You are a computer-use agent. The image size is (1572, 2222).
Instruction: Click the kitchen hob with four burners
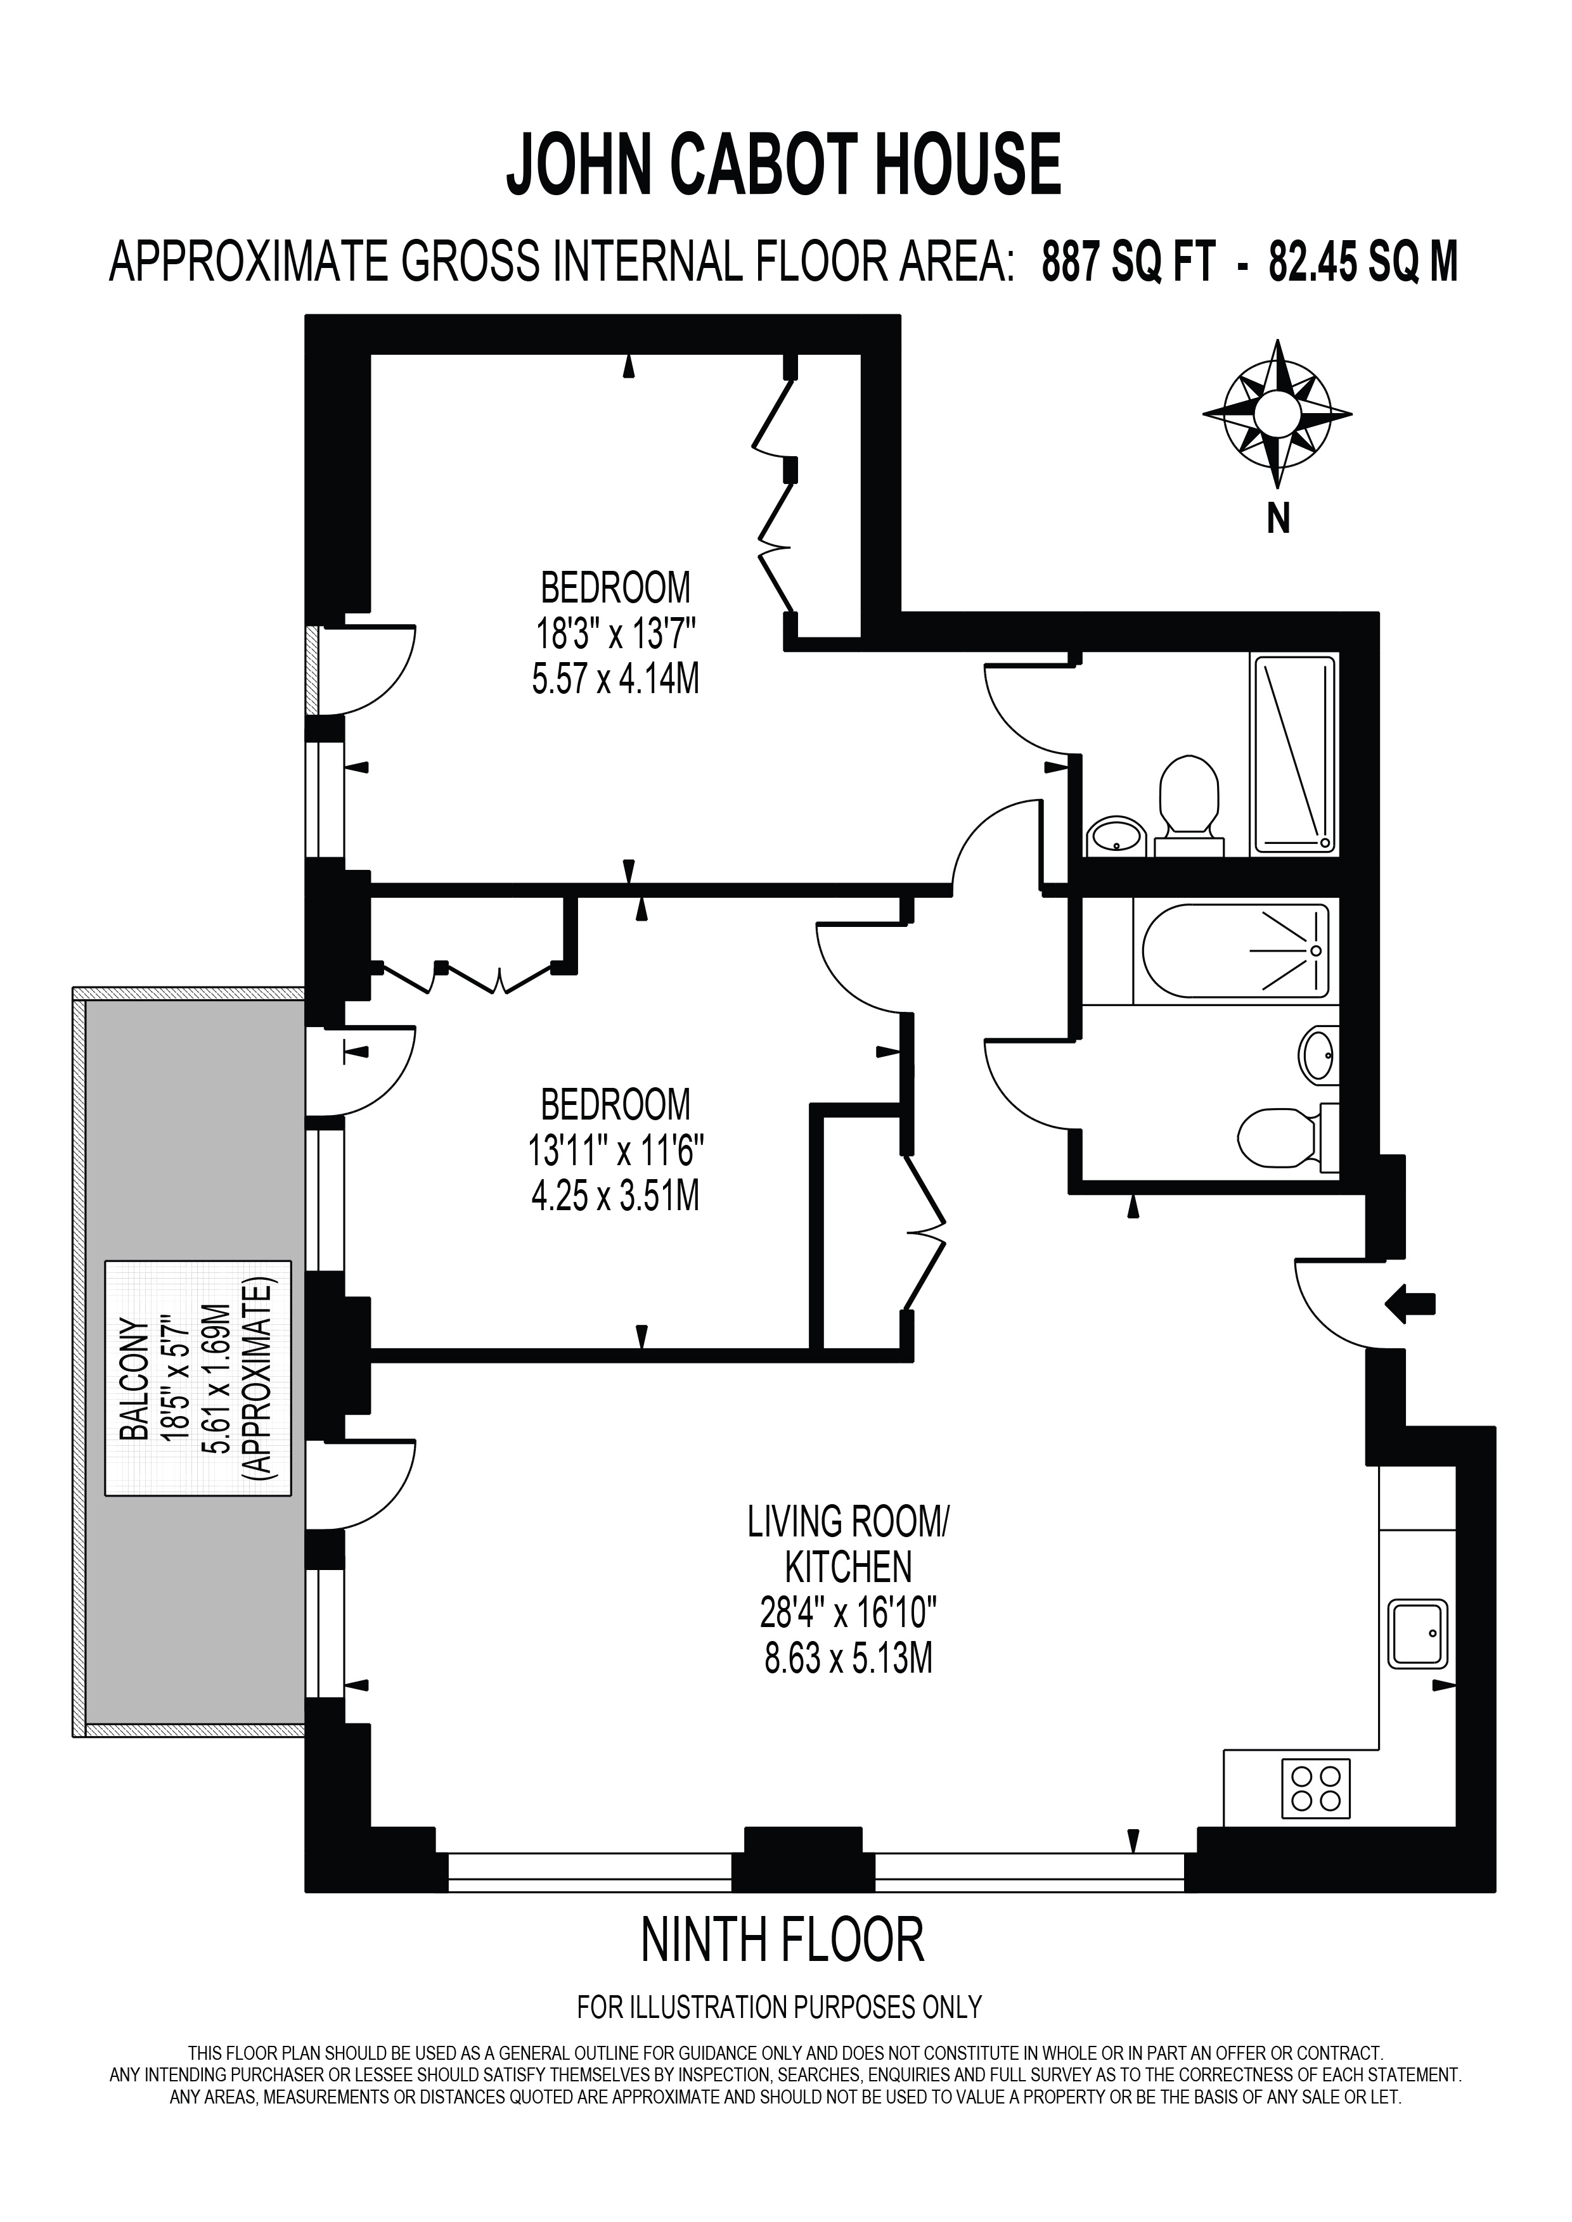1317,1787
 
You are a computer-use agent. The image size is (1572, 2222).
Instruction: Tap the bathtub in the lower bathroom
1236,950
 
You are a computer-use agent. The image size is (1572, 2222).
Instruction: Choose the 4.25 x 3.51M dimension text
615,1196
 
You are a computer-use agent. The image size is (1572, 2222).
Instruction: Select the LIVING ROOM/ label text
849,1523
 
